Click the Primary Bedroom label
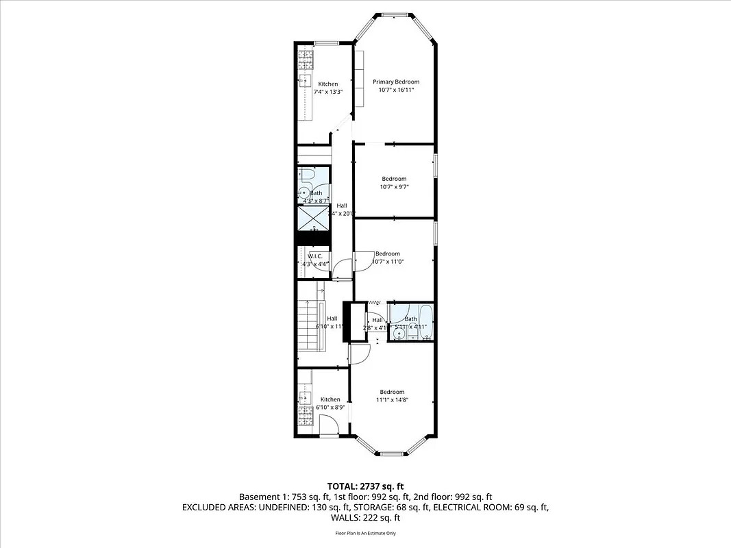click(396, 82)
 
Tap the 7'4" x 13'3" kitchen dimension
click(327, 92)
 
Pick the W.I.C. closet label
click(314, 256)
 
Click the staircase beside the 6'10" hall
click(308, 325)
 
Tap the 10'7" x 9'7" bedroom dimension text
click(394, 186)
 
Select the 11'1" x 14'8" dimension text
click(392, 400)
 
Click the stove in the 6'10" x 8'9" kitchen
click(306, 414)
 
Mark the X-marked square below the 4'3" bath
click(312, 218)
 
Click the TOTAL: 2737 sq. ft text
click(365, 486)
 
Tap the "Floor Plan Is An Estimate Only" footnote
click(365, 533)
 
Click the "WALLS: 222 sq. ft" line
click(365, 519)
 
